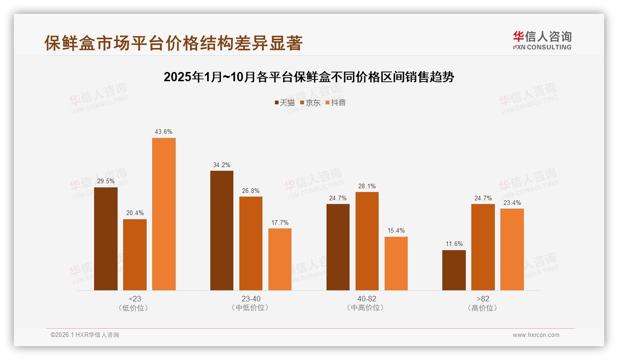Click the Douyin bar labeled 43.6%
164,214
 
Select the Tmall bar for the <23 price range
106,239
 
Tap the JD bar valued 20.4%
135,255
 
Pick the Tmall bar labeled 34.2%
222,230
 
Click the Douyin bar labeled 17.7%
280,259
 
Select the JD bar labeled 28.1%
367,241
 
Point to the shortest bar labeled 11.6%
454,270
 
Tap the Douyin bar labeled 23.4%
512,249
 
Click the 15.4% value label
396,231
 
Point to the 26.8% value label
251,191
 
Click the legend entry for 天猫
285,103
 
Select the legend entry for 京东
310,103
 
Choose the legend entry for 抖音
335,103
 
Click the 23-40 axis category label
251,299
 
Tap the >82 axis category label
483,299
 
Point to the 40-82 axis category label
367,299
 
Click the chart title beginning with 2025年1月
309,77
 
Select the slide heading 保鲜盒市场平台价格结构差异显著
173,43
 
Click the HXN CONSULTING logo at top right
542,41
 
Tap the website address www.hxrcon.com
536,335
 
